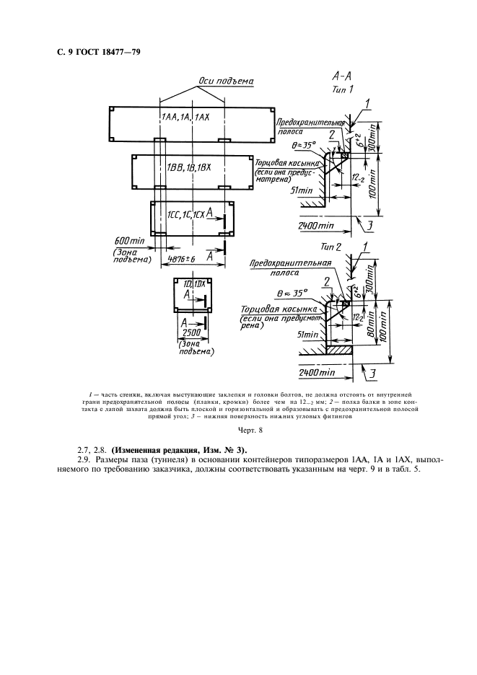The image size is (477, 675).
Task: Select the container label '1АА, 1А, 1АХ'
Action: (185, 117)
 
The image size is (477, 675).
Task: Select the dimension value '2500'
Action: (190, 335)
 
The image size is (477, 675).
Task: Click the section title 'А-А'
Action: (342, 75)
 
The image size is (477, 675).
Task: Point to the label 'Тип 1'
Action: (342, 89)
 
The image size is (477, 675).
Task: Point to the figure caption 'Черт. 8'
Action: (238, 431)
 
